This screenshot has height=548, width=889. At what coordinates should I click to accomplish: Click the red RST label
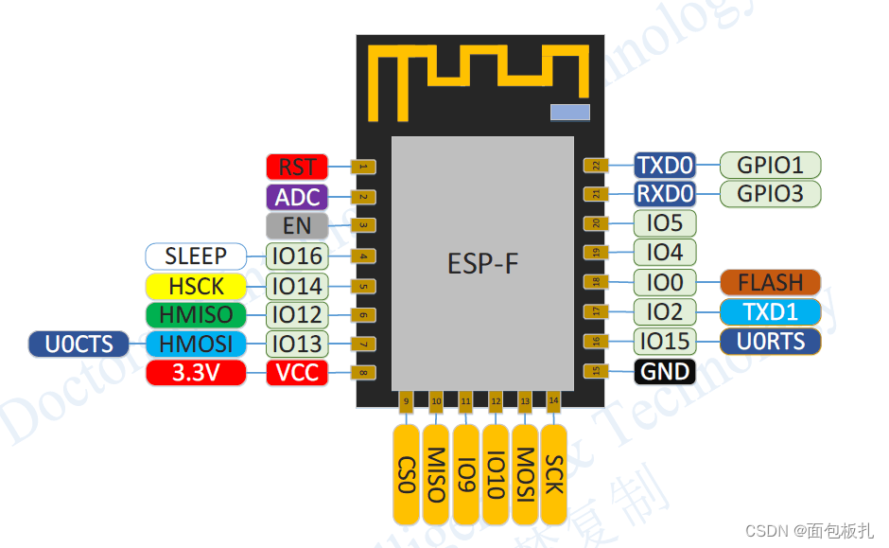297,168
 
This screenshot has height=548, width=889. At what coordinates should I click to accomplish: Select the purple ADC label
297,197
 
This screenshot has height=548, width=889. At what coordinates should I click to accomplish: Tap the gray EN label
297,225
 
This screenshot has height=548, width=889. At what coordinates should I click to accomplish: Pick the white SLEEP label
196,256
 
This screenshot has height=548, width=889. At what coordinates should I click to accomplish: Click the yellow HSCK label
196,285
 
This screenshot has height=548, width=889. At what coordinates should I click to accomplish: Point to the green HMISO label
196,314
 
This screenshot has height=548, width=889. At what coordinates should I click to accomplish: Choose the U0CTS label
79,344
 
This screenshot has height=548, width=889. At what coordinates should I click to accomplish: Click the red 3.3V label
196,373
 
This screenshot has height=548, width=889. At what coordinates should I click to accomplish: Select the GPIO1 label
770,165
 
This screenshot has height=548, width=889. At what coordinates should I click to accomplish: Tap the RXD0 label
665,194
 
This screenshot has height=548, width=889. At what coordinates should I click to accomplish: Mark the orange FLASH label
770,282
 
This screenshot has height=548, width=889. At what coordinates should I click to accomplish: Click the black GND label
665,371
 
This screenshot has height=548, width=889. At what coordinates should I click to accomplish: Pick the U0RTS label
770,341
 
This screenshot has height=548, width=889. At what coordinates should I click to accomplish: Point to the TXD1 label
770,311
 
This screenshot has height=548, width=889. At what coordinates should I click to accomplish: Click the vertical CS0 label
406,474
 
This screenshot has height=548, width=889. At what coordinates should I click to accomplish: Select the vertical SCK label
554,474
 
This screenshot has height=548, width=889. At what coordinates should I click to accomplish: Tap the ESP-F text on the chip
482,263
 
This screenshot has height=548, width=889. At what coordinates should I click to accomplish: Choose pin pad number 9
406,401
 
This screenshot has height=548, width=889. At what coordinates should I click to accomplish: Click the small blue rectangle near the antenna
570,113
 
